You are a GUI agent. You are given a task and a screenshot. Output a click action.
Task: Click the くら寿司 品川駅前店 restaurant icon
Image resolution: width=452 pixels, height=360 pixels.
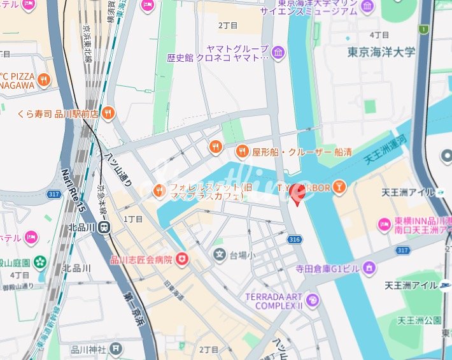[108, 113]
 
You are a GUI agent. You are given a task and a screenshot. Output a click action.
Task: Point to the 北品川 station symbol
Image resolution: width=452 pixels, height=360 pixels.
[105, 227]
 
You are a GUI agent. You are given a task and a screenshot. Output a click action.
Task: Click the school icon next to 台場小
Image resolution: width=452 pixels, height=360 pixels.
[220, 256]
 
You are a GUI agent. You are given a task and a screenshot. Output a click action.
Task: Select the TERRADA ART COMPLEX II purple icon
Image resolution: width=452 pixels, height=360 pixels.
[312, 299]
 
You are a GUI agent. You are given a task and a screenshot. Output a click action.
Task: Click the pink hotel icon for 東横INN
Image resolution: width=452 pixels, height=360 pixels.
[385, 224]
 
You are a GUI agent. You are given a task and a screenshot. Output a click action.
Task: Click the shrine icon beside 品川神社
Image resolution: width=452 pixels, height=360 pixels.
[116, 348]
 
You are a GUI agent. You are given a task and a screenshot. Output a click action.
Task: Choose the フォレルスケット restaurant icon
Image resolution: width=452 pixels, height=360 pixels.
[159, 189]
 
